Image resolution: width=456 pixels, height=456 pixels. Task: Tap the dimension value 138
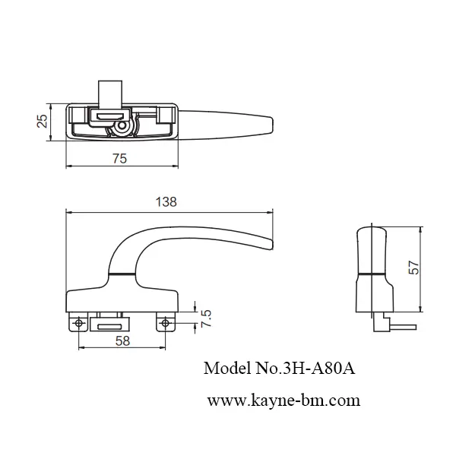click(166, 201)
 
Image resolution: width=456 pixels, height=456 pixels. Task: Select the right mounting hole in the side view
click(163, 324)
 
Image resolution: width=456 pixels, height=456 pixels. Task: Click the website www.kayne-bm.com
click(283, 399)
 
